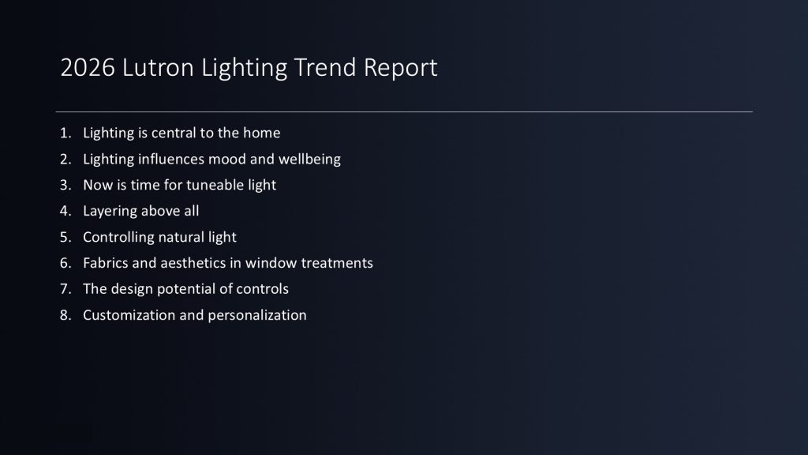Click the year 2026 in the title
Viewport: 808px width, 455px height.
[88, 68]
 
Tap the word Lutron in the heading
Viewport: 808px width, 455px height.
[158, 68]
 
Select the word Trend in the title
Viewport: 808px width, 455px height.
[324, 68]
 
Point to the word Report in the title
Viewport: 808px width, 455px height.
[400, 69]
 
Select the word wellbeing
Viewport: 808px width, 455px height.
[309, 160]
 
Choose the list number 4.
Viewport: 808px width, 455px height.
[65, 211]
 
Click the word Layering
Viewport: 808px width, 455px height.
[110, 212]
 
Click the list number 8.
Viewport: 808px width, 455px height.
[65, 315]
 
